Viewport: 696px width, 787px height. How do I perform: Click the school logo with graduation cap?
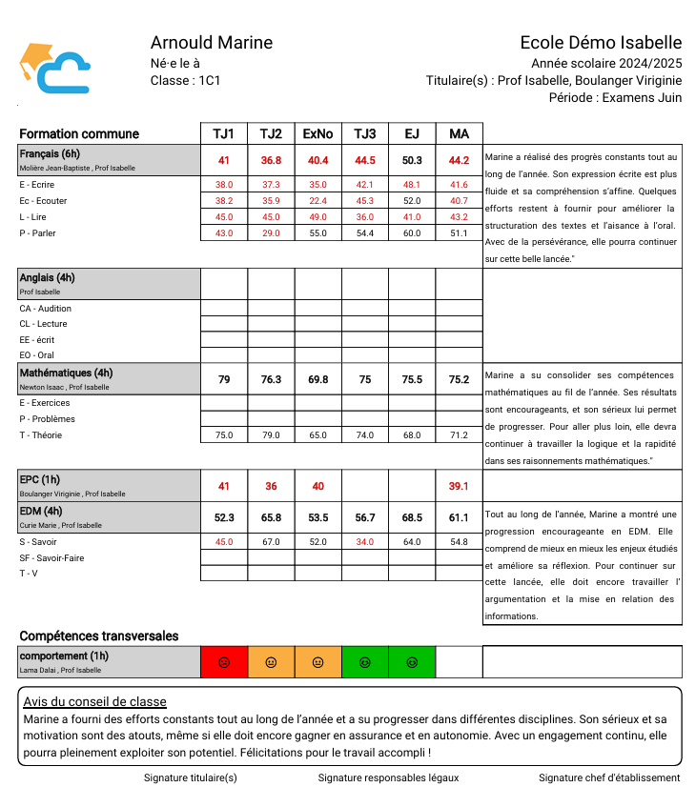(54, 68)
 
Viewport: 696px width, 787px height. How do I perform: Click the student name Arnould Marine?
(212, 43)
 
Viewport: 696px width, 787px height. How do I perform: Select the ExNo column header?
(317, 134)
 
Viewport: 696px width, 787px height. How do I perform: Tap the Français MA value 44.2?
(459, 160)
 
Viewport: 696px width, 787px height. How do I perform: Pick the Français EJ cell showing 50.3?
(412, 160)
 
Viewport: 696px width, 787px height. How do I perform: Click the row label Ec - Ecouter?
(43, 201)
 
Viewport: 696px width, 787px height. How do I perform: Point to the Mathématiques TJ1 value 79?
(224, 379)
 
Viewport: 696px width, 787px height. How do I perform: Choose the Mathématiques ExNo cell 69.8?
(317, 379)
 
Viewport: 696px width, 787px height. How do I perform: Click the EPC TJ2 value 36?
(271, 486)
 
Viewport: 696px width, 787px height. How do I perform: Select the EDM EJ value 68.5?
(412, 517)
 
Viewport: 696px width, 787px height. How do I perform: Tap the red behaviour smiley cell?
(224, 662)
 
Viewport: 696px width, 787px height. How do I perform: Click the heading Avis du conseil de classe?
(94, 702)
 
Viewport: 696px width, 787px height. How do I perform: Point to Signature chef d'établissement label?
(609, 777)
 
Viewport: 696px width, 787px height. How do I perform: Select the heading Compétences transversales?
(98, 636)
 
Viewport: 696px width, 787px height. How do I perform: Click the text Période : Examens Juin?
(616, 98)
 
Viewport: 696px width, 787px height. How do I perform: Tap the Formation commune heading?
(79, 134)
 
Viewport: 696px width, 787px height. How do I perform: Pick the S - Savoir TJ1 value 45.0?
(224, 542)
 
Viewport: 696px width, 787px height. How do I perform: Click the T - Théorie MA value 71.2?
(459, 435)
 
